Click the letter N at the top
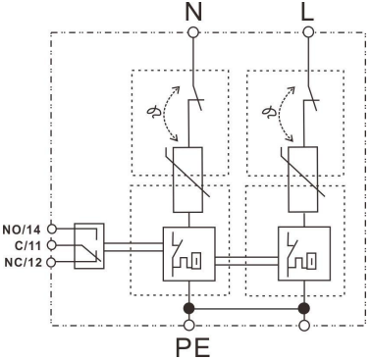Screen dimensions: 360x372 click(x=190, y=13)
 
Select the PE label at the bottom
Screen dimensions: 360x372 click(x=191, y=346)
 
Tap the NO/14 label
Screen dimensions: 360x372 click(x=23, y=225)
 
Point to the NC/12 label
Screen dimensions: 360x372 click(x=24, y=262)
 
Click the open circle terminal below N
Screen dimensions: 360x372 click(x=190, y=32)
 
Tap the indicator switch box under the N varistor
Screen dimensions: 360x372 click(x=185, y=253)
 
